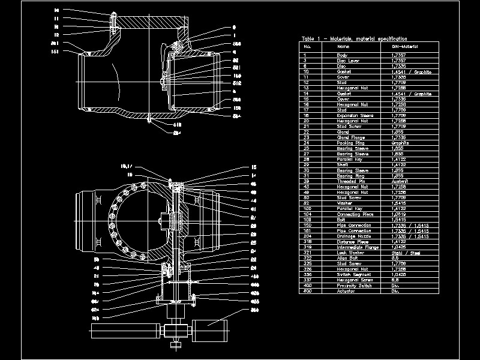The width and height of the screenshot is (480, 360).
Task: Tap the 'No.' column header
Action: click(x=308, y=46)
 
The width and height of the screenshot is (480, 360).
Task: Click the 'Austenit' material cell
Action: click(x=400, y=181)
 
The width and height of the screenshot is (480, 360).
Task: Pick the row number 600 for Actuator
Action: click(x=307, y=292)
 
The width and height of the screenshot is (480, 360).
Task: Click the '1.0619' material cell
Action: click(x=399, y=214)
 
